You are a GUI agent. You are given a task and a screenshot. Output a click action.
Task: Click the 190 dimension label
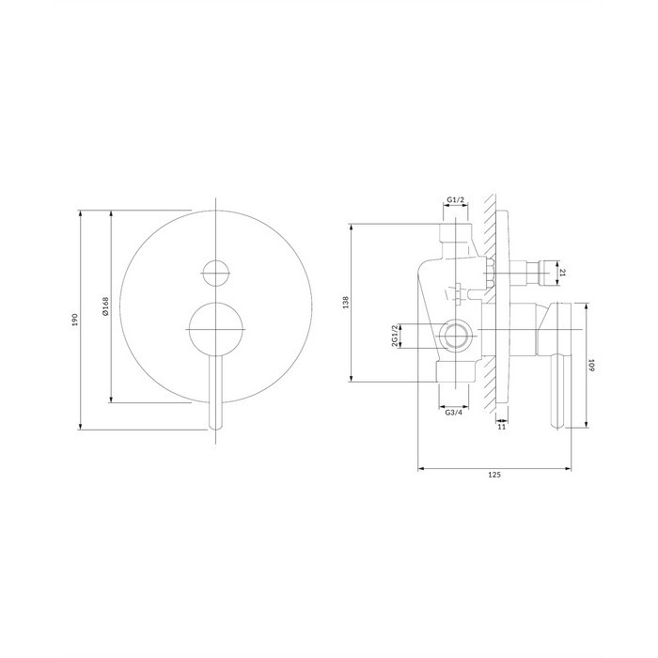click(75, 320)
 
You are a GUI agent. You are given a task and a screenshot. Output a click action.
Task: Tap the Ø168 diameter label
click(105, 306)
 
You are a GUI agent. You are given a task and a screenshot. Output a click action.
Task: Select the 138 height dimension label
click(346, 303)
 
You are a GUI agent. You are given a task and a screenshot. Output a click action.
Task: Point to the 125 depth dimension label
click(494, 475)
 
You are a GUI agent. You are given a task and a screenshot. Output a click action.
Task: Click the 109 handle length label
click(591, 365)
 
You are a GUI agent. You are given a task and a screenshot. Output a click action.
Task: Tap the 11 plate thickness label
click(501, 427)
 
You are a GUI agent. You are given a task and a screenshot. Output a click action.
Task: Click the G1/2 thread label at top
click(455, 199)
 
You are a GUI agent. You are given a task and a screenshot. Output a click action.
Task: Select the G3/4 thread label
click(453, 413)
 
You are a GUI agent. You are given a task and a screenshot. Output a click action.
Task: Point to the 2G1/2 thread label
click(395, 336)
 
